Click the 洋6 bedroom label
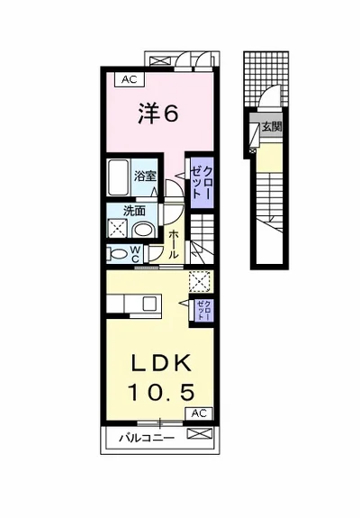click(x=158, y=114)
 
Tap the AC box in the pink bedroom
click(x=130, y=79)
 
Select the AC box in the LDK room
click(x=199, y=413)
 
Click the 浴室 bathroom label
click(x=145, y=176)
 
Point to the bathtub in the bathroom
click(x=119, y=178)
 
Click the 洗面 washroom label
click(x=134, y=211)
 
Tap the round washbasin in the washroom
click(x=143, y=230)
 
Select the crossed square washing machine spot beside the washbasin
click(x=118, y=228)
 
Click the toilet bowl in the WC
click(x=118, y=254)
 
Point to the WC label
click(x=135, y=254)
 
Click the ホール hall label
click(x=174, y=245)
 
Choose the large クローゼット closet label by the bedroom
click(x=202, y=182)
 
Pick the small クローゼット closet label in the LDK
click(x=202, y=310)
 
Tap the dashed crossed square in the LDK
click(x=200, y=281)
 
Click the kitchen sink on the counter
click(x=149, y=304)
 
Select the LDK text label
click(x=161, y=363)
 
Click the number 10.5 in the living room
click(x=161, y=393)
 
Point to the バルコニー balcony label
click(x=147, y=438)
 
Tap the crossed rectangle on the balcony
click(x=200, y=433)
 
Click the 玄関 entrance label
click(x=272, y=127)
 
